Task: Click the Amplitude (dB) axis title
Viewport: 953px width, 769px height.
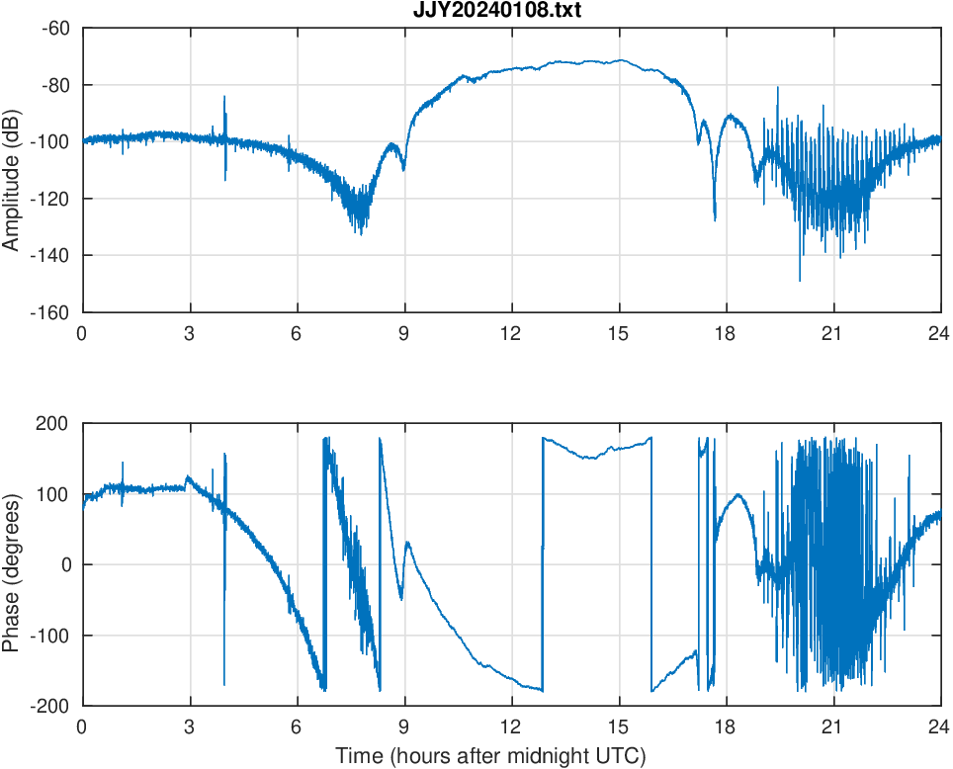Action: (12, 170)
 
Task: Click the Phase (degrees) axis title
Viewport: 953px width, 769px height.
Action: (12, 564)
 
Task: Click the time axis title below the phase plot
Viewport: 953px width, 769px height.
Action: (490, 756)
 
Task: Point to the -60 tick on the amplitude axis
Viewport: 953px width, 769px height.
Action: (55, 28)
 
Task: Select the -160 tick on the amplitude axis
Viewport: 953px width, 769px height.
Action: (51, 312)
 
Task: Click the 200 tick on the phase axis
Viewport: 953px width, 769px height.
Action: (54, 423)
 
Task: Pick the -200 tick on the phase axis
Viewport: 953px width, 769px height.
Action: (51, 706)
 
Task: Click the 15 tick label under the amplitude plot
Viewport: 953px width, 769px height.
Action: (618, 333)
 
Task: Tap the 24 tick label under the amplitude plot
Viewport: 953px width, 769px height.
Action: (939, 333)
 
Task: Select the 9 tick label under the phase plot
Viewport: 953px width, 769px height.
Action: (404, 726)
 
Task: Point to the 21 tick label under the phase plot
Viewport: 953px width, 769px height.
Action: (832, 726)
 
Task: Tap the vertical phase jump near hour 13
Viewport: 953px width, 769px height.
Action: (542, 563)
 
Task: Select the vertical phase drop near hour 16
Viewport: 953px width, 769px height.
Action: (651, 563)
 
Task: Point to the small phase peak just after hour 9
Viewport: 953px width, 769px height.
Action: (407, 542)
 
